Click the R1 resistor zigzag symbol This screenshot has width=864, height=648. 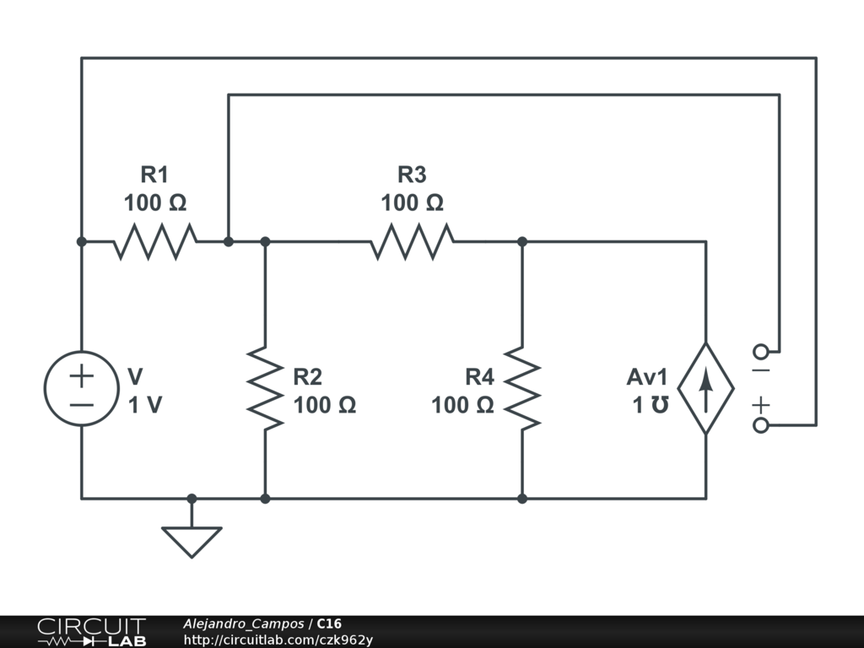pyautogui.click(x=155, y=241)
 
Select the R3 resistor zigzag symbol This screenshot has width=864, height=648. pyautogui.click(x=412, y=241)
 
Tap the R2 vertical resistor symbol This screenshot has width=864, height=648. pyautogui.click(x=265, y=388)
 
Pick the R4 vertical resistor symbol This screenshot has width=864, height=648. pyautogui.click(x=522, y=388)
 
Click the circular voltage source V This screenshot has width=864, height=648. pyautogui.click(x=82, y=388)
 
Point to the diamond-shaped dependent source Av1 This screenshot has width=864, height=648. pyautogui.click(x=706, y=388)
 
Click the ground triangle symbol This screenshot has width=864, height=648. pyautogui.click(x=192, y=543)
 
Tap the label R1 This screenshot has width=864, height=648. pyautogui.click(x=154, y=175)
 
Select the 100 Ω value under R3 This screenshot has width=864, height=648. pyautogui.click(x=412, y=202)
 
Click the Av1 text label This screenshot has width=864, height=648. pyautogui.click(x=647, y=377)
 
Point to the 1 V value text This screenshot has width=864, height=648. pyautogui.click(x=145, y=405)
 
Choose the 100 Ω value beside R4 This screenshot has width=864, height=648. pyautogui.click(x=462, y=405)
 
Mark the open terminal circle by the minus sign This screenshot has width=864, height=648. pyautogui.click(x=761, y=352)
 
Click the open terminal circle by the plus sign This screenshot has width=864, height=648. pyautogui.click(x=761, y=425)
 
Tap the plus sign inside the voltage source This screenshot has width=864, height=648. pyautogui.click(x=82, y=376)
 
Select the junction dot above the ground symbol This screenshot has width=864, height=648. pyautogui.click(x=192, y=499)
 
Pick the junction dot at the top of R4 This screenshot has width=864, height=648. pyautogui.click(x=522, y=241)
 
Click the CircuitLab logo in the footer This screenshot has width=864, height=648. pyautogui.click(x=92, y=632)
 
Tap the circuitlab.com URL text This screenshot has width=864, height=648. pyautogui.click(x=278, y=640)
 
